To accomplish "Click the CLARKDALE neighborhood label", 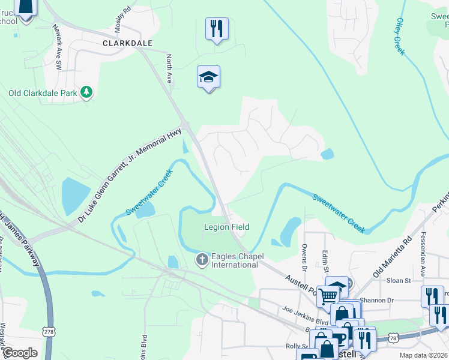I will click(127, 44).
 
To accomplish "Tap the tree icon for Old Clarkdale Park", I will click(88, 92).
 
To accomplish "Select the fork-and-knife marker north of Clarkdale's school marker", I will click(216, 29).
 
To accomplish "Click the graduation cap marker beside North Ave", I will click(208, 77).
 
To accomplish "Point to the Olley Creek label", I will click(400, 37).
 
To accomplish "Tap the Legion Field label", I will click(226, 227).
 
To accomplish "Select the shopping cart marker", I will click(327, 295).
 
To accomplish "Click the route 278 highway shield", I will click(49, 332).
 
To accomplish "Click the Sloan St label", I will click(399, 280).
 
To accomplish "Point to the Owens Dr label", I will click(304, 253).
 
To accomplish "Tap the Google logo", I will click(20, 352).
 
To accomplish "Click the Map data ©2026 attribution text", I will click(423, 355).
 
